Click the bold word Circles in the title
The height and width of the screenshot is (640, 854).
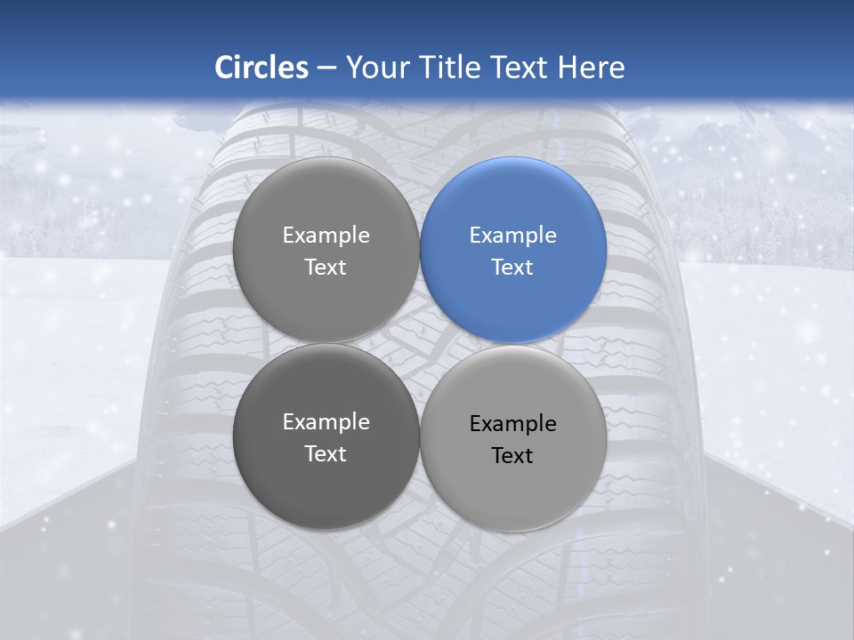click(262, 68)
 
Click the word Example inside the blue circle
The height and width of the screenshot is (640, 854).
click(513, 236)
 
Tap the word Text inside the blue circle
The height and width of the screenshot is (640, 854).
click(513, 268)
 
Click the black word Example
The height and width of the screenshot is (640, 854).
click(513, 424)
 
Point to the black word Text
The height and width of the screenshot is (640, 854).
click(513, 456)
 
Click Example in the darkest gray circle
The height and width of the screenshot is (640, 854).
click(326, 422)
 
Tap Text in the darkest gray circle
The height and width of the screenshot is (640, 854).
click(326, 454)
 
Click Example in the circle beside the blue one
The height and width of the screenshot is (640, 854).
click(326, 236)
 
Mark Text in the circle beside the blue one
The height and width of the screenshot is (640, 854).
click(326, 268)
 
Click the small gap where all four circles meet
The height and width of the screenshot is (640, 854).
click(420, 344)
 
